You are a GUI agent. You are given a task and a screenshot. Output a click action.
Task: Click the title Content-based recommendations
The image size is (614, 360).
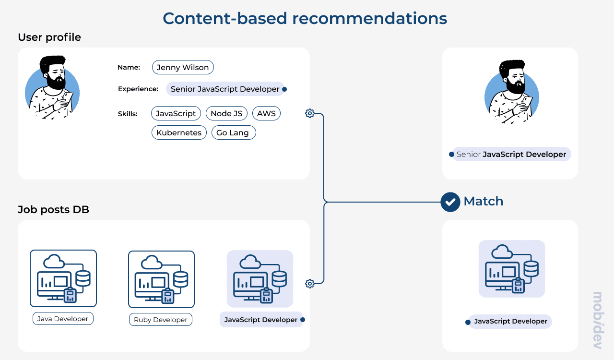(305, 18)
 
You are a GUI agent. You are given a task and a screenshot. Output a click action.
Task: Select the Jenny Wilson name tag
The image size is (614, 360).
(183, 67)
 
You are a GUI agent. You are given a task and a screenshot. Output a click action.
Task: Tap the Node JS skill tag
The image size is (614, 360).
(226, 113)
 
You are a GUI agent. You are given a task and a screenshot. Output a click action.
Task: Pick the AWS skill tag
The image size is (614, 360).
(266, 113)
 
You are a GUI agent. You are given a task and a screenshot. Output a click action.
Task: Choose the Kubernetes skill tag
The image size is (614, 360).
(179, 132)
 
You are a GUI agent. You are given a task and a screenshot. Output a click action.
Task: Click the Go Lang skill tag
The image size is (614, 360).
(233, 132)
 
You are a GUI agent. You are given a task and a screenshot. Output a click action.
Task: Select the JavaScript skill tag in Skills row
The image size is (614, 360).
(176, 113)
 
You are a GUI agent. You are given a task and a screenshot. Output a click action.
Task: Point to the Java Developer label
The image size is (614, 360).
(63, 319)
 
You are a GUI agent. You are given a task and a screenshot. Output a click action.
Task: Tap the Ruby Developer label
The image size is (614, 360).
(160, 320)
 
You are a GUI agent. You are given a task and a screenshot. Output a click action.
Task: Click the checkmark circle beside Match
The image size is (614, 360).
(450, 202)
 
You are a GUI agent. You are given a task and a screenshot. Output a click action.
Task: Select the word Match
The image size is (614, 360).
(483, 201)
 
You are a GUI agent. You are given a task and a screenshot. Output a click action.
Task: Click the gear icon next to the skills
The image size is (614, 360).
(310, 113)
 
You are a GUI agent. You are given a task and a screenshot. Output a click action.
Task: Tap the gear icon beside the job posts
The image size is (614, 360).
(310, 284)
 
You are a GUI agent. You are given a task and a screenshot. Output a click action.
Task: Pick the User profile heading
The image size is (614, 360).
(49, 37)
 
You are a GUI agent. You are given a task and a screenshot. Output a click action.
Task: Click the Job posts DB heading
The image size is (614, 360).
(53, 209)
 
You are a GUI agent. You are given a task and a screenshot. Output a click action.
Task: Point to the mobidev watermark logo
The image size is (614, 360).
(597, 320)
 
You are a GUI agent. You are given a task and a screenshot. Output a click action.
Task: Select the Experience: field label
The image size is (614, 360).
(138, 89)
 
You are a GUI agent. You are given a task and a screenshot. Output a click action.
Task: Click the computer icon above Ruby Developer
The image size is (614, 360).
(161, 279)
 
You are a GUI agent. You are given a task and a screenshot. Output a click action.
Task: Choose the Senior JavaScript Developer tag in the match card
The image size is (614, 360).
(511, 154)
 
